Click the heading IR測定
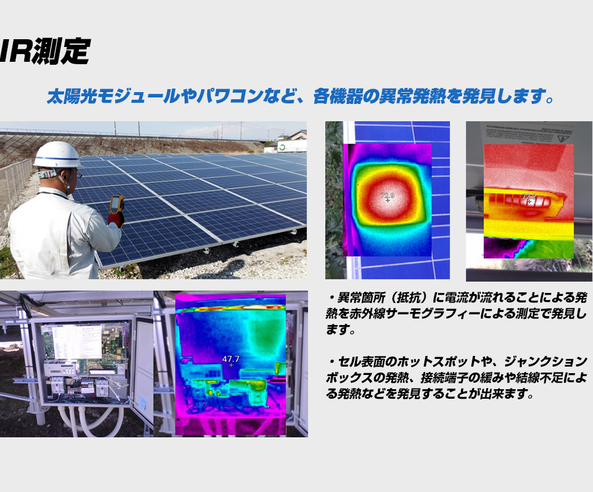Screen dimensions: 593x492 tap(45, 51)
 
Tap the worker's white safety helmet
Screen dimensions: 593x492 tap(57, 154)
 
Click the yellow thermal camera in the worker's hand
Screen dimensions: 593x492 tap(116, 204)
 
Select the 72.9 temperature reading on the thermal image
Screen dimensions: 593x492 tap(387, 195)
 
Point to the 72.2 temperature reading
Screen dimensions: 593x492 tap(529, 197)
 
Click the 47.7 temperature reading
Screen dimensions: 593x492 tap(231, 359)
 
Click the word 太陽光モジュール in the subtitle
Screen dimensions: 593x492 tap(113, 96)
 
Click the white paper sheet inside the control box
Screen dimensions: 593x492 tap(77, 342)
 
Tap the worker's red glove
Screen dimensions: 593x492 tap(116, 219)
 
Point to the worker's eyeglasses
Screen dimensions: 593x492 tap(78, 175)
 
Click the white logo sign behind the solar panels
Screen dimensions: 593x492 tap(291, 147)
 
